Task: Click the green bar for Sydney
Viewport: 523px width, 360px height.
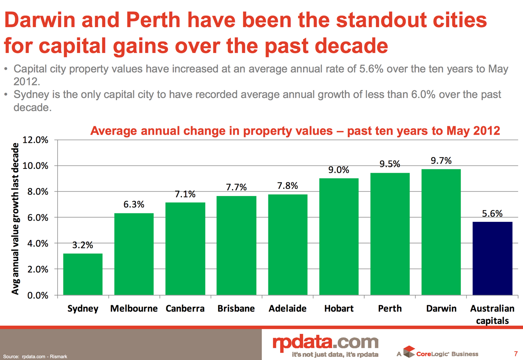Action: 83,274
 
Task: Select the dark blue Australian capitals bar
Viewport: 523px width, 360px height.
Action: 492,258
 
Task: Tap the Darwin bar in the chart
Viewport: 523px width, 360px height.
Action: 441,232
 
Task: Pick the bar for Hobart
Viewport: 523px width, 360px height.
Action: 339,237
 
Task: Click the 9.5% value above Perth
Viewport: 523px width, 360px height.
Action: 390,164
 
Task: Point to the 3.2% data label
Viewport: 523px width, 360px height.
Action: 83,245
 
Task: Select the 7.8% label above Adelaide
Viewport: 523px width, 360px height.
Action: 287,186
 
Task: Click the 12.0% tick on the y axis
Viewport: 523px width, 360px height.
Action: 35,140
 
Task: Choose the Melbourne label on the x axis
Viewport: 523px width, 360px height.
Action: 134,308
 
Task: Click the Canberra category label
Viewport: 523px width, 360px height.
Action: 185,308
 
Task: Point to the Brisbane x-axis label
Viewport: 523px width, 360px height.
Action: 236,308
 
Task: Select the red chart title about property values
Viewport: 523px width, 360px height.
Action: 295,131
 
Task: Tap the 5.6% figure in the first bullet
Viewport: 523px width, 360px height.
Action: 371,69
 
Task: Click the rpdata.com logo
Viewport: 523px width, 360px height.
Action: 325,343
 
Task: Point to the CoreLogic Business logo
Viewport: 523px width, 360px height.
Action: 441,353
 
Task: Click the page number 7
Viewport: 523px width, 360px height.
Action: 516,353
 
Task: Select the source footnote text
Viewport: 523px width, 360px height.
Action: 35,356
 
